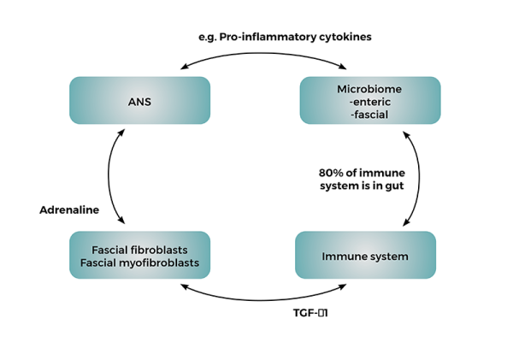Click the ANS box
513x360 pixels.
[139, 102]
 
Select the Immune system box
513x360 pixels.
[364, 256]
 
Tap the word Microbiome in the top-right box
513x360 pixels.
[370, 90]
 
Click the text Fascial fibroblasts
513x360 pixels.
[139, 250]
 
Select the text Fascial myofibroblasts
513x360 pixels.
[139, 263]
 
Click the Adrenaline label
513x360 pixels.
[68, 209]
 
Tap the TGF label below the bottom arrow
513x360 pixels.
[311, 313]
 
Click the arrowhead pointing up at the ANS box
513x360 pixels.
[124, 133]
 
